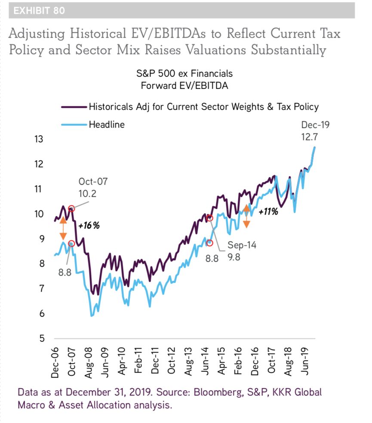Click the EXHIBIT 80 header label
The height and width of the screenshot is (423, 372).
[x=39, y=11]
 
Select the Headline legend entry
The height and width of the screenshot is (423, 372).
[x=107, y=125]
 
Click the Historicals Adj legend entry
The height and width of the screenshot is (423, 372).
[x=203, y=106]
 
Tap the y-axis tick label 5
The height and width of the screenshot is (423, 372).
[x=42, y=338]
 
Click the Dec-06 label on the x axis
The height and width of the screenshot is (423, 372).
[x=55, y=364]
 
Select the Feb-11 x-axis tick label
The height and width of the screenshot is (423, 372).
[x=138, y=364]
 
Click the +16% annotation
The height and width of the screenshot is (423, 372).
[x=89, y=225]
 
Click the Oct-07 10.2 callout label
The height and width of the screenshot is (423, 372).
[x=93, y=188]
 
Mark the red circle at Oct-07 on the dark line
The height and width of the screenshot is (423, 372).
[x=71, y=208]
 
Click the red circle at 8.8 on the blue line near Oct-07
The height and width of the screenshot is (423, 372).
[x=71, y=244]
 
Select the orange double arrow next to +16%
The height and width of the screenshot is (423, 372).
[x=63, y=229]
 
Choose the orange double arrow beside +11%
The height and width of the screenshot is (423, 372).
[x=246, y=216]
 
